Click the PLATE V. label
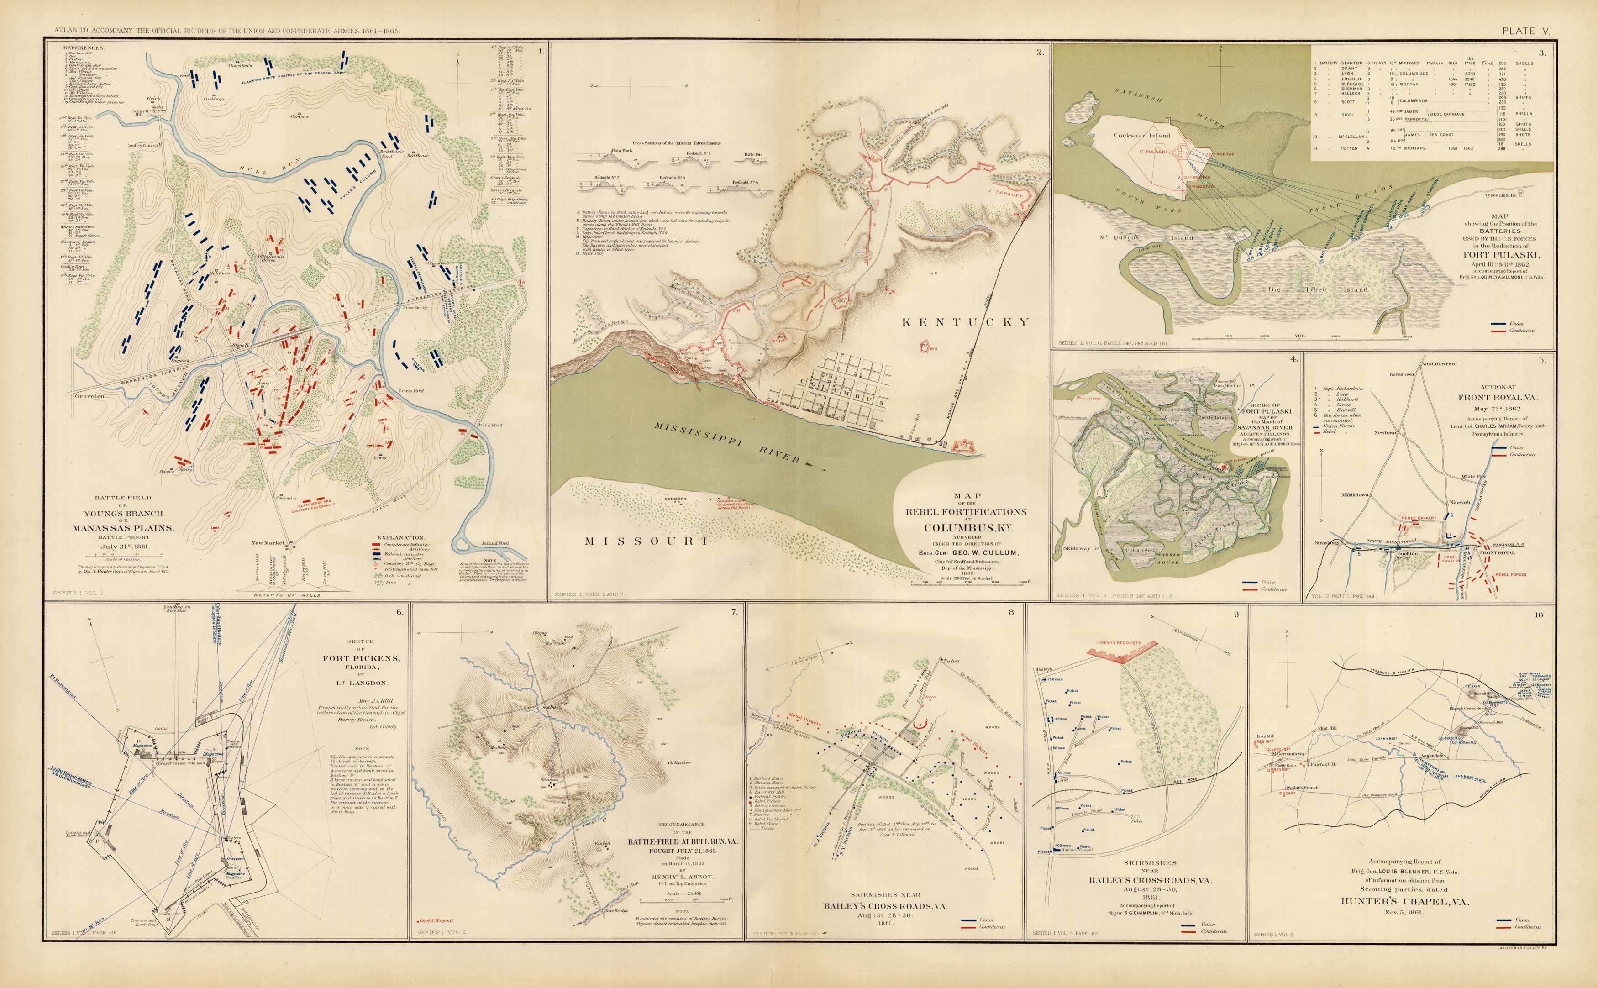tap(1525, 31)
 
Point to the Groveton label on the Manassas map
tap(89, 396)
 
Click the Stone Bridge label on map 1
tap(415, 307)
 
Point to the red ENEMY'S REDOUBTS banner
tap(1123, 643)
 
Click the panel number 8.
tap(1011, 612)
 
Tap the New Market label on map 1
tap(268, 543)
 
